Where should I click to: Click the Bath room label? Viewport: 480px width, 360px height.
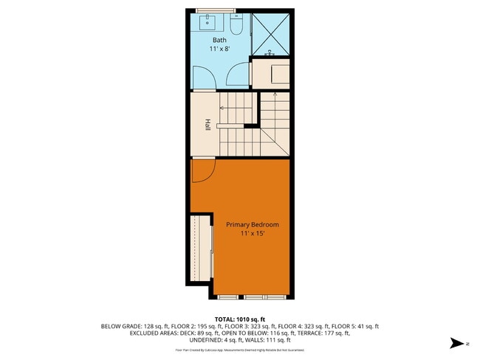(219, 40)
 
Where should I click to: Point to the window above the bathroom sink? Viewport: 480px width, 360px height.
(216, 10)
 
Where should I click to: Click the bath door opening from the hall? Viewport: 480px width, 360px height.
(237, 76)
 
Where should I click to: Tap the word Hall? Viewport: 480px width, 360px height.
(208, 126)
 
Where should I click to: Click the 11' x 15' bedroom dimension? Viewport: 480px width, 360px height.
(247, 234)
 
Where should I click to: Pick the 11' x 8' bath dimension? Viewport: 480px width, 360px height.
(219, 49)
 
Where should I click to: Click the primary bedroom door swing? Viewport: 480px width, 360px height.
(202, 171)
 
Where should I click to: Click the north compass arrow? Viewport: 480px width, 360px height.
(459, 343)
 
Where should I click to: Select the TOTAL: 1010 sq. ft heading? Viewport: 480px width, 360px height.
(239, 319)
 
